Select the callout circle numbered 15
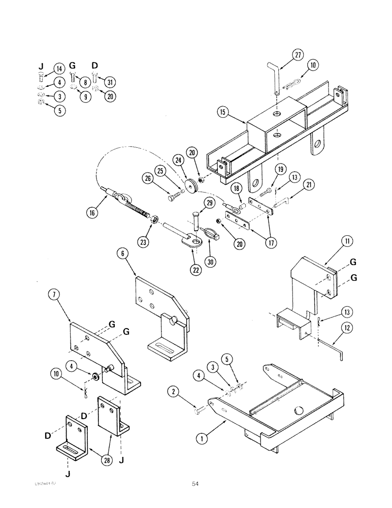[x=222, y=112]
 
